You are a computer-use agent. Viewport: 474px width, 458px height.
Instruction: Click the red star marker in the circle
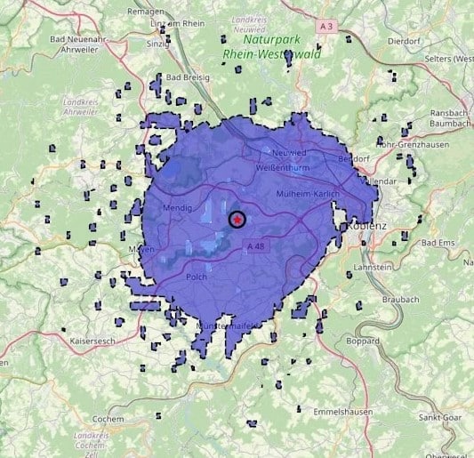click(237, 219)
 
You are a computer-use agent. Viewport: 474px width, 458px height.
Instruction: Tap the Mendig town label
click(177, 208)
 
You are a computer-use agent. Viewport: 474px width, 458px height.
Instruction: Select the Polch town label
click(197, 277)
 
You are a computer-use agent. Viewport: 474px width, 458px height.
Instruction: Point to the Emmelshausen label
click(341, 411)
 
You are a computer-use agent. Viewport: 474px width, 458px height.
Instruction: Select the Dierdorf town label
click(403, 39)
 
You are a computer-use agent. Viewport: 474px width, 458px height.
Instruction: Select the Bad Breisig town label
click(188, 77)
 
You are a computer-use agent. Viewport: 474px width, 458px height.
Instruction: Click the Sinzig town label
click(157, 42)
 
